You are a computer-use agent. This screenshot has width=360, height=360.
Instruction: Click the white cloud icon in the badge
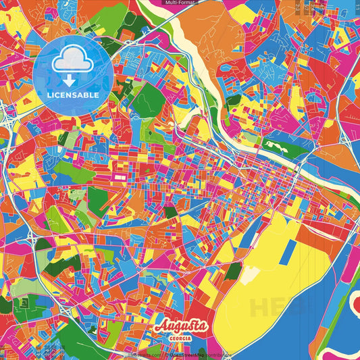click(x=72, y=61)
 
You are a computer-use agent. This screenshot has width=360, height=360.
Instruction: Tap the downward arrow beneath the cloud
click(x=72, y=79)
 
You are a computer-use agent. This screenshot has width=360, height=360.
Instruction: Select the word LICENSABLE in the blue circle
click(x=72, y=95)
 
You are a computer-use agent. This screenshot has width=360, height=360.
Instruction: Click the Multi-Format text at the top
click(x=180, y=3)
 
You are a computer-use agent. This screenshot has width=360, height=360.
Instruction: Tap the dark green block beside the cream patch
click(x=233, y=271)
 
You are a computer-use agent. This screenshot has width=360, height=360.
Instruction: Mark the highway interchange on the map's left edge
click(x=8, y=122)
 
